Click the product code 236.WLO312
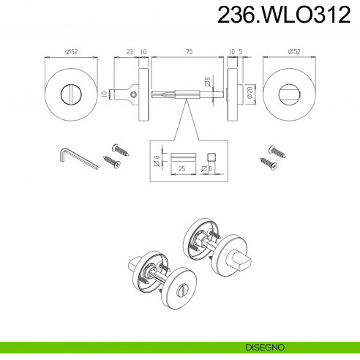click(284, 15)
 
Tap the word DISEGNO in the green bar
click(265, 348)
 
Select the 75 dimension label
click(190, 52)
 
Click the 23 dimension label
click(130, 52)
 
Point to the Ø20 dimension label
click(250, 94)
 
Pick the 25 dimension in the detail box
click(182, 168)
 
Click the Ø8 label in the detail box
click(157, 160)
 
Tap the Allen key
click(78, 159)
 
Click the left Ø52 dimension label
click(71, 52)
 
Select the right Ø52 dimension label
click(294, 52)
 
